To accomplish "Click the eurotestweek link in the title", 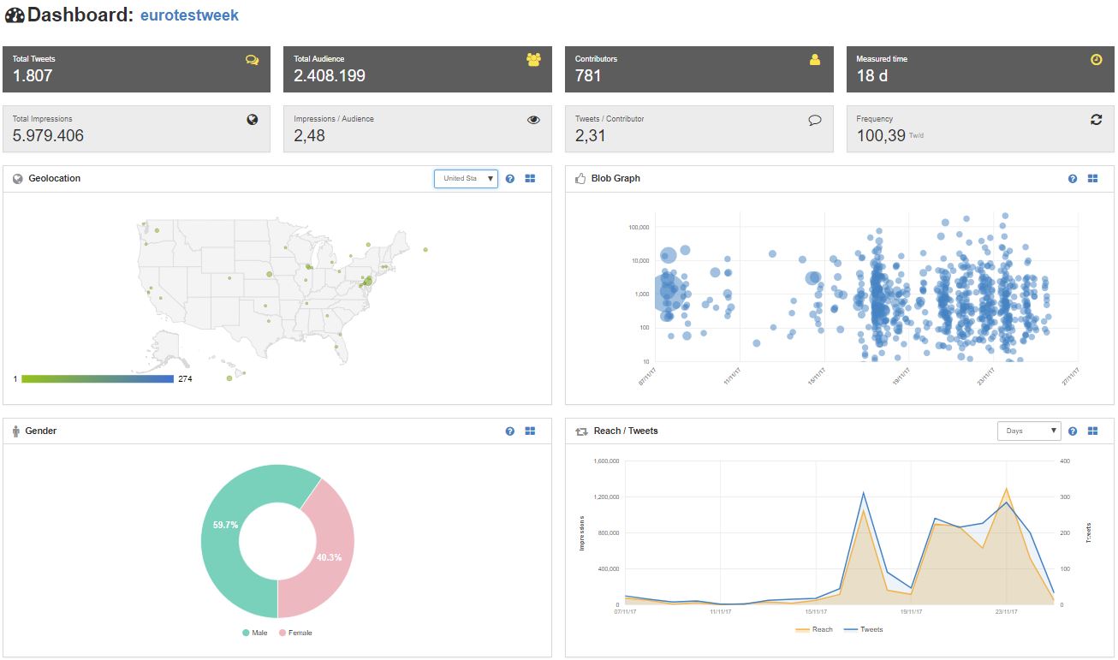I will click(189, 15).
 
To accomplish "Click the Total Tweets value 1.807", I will click(33, 75).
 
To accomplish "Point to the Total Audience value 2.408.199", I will click(330, 75).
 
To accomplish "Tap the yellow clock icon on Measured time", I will click(1096, 60).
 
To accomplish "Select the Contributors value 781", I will click(588, 75).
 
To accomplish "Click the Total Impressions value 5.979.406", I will click(48, 135).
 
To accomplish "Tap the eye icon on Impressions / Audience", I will click(533, 120).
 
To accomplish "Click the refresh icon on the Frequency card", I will click(1096, 120).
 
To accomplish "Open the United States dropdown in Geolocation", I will click(466, 178).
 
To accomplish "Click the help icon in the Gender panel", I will click(510, 431).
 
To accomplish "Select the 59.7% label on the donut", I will click(225, 525).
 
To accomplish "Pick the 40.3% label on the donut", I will click(329, 557).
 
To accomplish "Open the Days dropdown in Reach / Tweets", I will click(1029, 431).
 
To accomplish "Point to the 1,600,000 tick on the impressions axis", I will click(604, 461).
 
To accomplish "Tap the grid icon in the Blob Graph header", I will click(1092, 179).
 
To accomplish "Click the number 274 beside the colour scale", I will click(185, 378).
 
